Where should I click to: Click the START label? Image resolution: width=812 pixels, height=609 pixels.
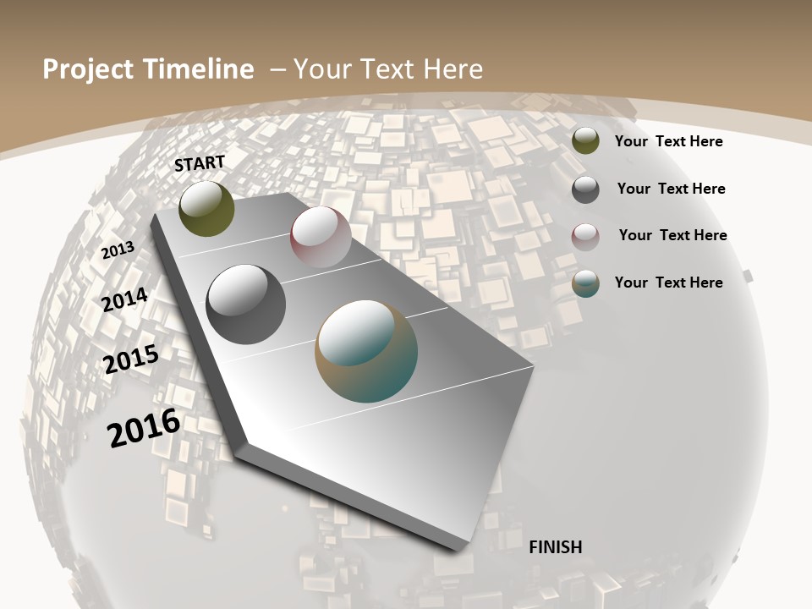200,163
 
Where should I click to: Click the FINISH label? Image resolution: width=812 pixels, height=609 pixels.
555,547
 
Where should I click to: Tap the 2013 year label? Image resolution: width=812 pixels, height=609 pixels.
118,250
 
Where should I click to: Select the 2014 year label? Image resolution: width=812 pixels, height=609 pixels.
124,299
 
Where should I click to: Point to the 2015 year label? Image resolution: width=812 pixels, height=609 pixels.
131,359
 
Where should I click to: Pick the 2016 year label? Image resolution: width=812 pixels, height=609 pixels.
144,427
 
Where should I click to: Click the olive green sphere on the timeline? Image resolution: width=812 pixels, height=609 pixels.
206,208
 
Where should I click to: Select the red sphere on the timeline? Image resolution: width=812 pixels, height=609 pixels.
321,236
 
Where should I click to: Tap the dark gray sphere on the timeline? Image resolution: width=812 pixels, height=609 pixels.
245,304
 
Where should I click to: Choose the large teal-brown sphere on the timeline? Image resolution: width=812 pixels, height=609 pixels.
366,351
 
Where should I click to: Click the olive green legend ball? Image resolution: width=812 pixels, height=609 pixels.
585,140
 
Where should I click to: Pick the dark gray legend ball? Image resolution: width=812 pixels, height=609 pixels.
585,189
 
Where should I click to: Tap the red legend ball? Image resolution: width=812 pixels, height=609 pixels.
585,237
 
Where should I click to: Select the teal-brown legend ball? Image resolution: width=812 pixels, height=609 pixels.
585,283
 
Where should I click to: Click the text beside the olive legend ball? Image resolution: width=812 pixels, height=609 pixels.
668,141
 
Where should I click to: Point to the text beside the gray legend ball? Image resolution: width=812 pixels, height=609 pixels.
671,189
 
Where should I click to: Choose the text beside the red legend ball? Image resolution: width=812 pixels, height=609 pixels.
672,235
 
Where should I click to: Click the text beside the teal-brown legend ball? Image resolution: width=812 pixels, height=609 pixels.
668,283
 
